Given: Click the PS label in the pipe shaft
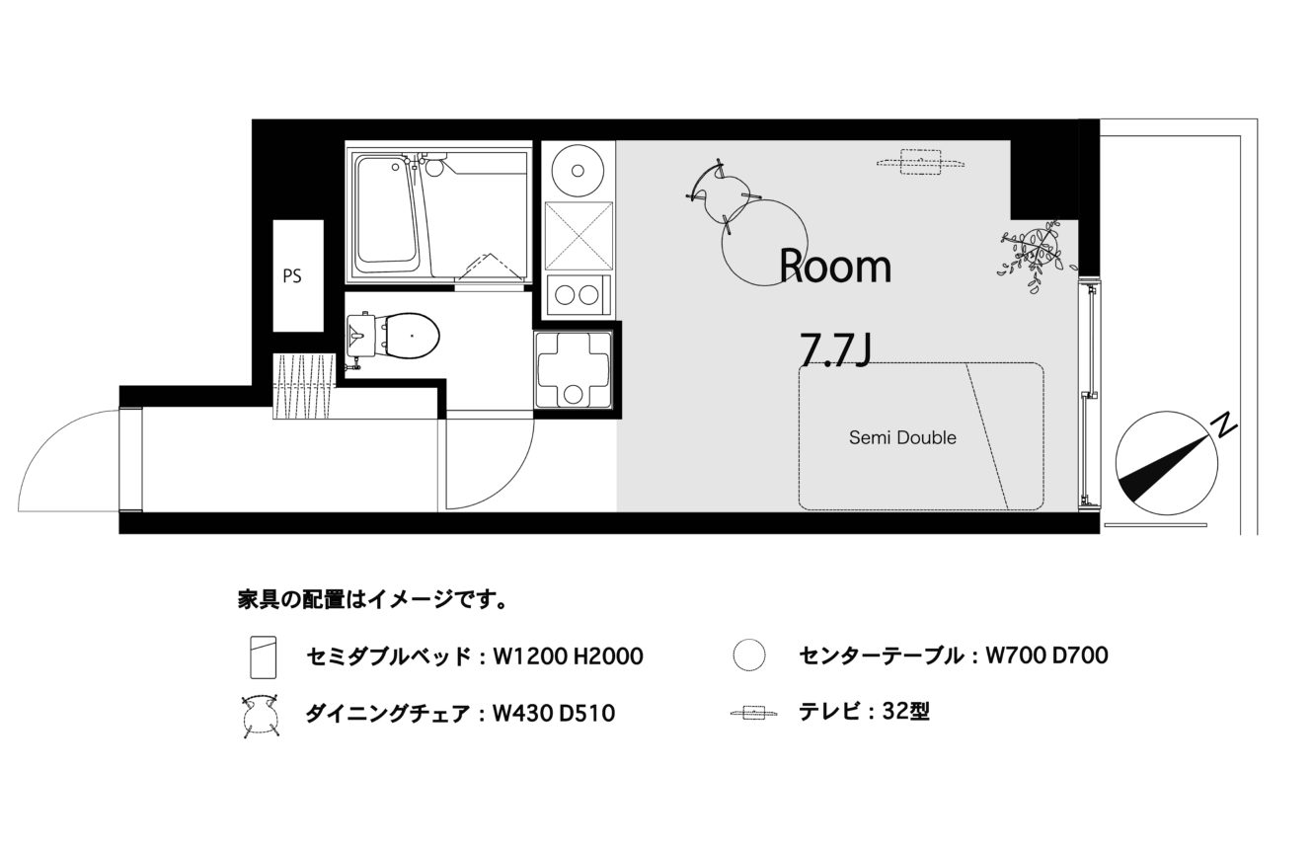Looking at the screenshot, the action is [292, 276].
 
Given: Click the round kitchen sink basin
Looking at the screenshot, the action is [578, 171].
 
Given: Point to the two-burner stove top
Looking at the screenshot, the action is [578, 295].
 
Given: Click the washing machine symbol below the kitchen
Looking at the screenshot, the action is [574, 369].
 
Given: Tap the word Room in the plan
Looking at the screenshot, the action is [835, 267].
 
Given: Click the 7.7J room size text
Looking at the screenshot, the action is [835, 349].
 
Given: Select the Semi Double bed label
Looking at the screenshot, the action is [902, 437].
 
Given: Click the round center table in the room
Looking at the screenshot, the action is [764, 243].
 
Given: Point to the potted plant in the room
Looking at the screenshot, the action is [1037, 254].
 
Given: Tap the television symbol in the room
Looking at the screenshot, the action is [921, 161].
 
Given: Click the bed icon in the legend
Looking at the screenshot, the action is [264, 657].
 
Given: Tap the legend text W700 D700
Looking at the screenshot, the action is [1046, 655].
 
